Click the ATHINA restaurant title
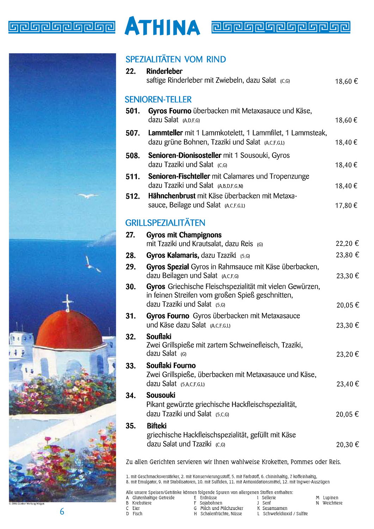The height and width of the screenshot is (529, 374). click(163, 26)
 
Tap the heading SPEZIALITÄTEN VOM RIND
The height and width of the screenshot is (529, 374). click(176, 59)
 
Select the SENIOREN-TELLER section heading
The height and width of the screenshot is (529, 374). click(158, 99)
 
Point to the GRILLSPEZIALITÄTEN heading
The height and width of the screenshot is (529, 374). click(165, 223)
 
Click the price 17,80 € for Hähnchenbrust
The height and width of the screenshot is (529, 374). click(346, 205)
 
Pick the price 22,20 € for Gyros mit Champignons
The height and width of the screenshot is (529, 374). click(347, 243)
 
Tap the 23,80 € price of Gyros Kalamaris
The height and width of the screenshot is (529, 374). click(347, 255)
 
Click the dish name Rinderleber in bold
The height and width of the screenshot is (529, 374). click(164, 71)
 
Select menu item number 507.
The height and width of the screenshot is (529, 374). click(133, 133)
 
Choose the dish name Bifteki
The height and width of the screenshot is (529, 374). click(157, 426)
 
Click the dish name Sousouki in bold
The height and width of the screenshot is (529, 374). click(161, 395)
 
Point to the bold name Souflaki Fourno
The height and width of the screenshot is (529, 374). click(171, 366)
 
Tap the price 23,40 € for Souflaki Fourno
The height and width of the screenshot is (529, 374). click(347, 384)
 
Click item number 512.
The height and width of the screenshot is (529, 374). click(133, 196)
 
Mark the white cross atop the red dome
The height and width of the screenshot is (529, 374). click(67, 303)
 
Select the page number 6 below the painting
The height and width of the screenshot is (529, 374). click(62, 512)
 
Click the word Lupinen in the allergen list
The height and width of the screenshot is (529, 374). click(330, 498)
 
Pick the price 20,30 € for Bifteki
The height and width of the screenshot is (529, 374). click(347, 445)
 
